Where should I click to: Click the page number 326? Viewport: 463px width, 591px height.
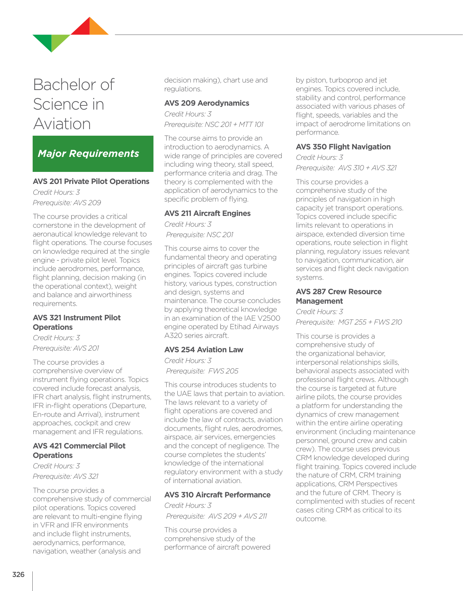18,575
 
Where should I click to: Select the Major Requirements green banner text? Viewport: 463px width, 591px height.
88,154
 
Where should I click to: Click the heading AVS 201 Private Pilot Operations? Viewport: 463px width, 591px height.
91,181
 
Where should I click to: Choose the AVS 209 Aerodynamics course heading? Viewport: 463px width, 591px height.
207,103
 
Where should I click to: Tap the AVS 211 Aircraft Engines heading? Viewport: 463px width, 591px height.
207,213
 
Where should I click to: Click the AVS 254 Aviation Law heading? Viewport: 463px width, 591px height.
204,350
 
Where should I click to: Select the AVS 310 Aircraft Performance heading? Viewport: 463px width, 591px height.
217,495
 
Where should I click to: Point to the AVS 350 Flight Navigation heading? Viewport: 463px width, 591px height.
343,147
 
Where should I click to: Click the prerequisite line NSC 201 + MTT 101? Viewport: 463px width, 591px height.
214,124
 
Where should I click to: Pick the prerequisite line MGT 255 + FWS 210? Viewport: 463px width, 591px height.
349,322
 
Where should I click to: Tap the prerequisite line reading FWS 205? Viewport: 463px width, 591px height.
202,371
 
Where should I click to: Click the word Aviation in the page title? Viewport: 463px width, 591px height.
62,124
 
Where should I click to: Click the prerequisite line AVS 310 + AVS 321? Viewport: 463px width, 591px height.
346,168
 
